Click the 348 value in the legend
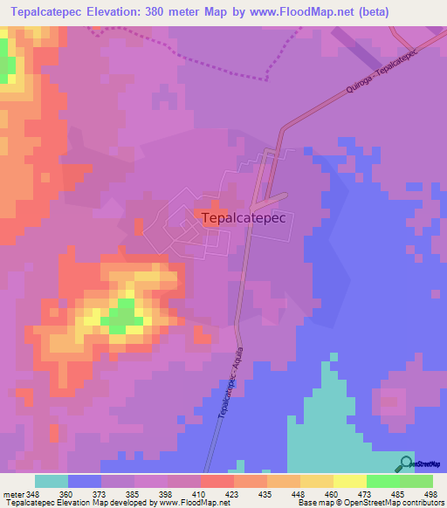34,493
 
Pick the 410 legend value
200,493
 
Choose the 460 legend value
333,493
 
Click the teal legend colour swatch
51,481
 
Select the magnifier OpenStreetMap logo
406,464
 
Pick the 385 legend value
134,493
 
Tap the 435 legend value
266,493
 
